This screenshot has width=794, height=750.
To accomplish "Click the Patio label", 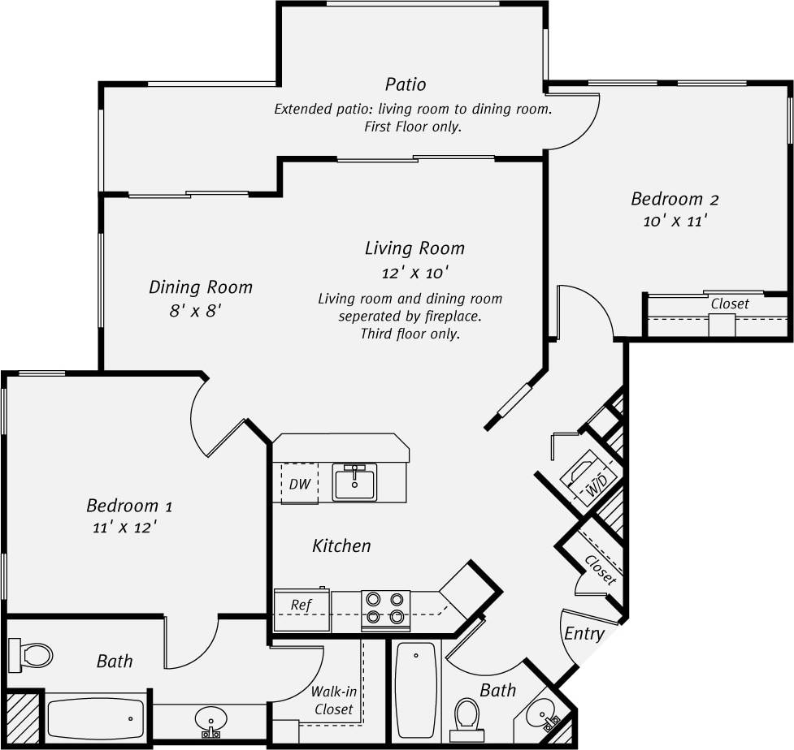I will click(405, 84).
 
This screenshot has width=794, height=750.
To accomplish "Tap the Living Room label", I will click(414, 248).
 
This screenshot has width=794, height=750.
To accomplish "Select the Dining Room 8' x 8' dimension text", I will click(196, 311).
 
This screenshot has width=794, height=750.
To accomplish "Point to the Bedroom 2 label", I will click(675, 199).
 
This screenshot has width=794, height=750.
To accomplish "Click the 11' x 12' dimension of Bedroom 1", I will click(124, 527).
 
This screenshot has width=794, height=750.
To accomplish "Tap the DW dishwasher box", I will click(300, 484).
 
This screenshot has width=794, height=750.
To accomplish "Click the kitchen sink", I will click(354, 483).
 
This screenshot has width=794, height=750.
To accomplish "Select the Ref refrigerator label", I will click(300, 605).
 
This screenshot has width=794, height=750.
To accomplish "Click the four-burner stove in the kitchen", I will click(385, 608).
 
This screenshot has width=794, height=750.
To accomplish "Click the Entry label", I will click(584, 634).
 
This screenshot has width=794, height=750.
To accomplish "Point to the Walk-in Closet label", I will click(333, 700).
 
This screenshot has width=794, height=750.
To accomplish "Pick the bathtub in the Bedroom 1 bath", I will click(95, 718).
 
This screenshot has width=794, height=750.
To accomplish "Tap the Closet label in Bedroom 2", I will click(730, 304).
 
